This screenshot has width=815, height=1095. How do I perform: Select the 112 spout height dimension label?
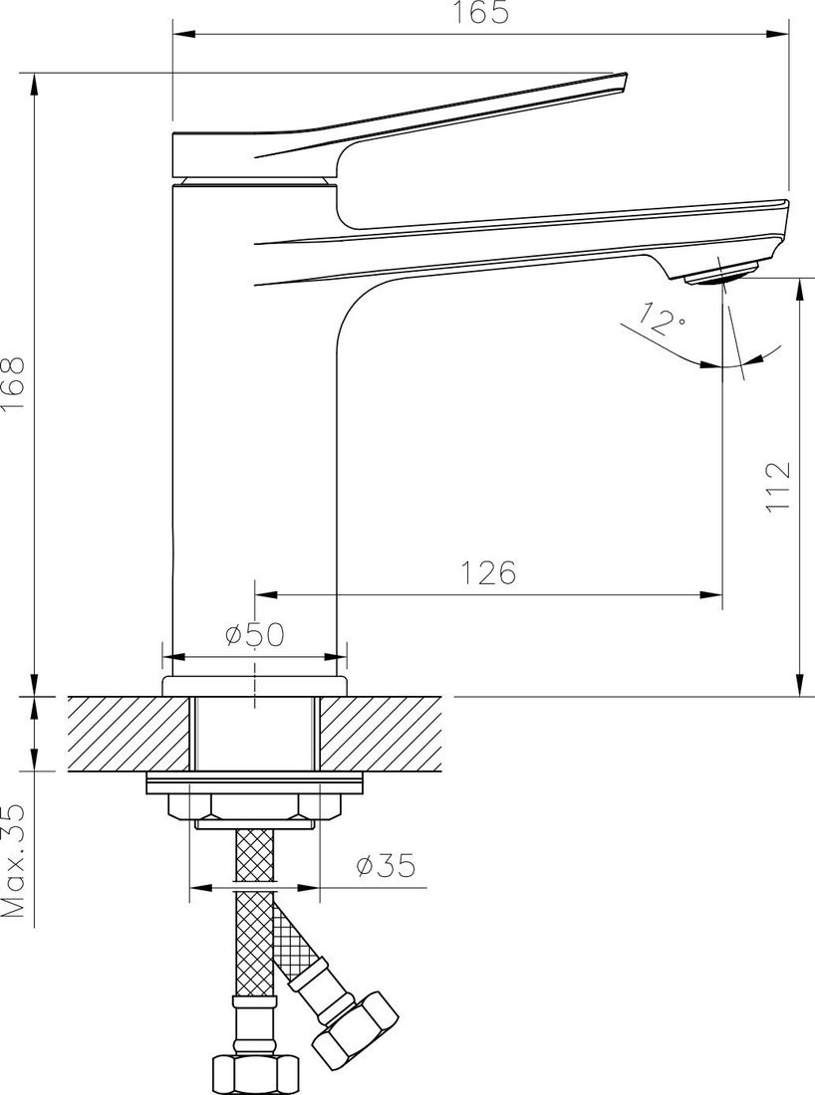[778, 487]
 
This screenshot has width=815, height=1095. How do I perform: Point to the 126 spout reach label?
[488, 572]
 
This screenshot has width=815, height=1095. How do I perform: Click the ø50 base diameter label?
[255, 635]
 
